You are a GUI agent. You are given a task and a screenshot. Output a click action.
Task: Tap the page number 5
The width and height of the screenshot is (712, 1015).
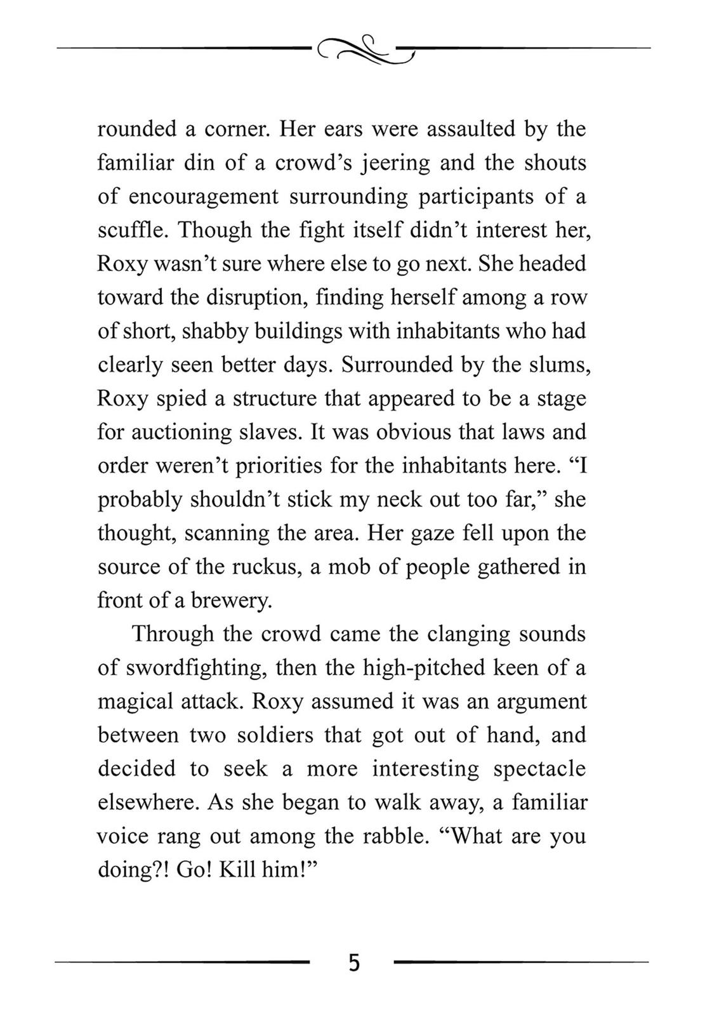pos(354,962)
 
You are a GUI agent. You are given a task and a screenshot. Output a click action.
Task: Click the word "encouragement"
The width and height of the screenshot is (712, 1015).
pos(204,197)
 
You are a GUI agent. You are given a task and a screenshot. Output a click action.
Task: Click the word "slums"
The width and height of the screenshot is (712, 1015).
pos(560,365)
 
